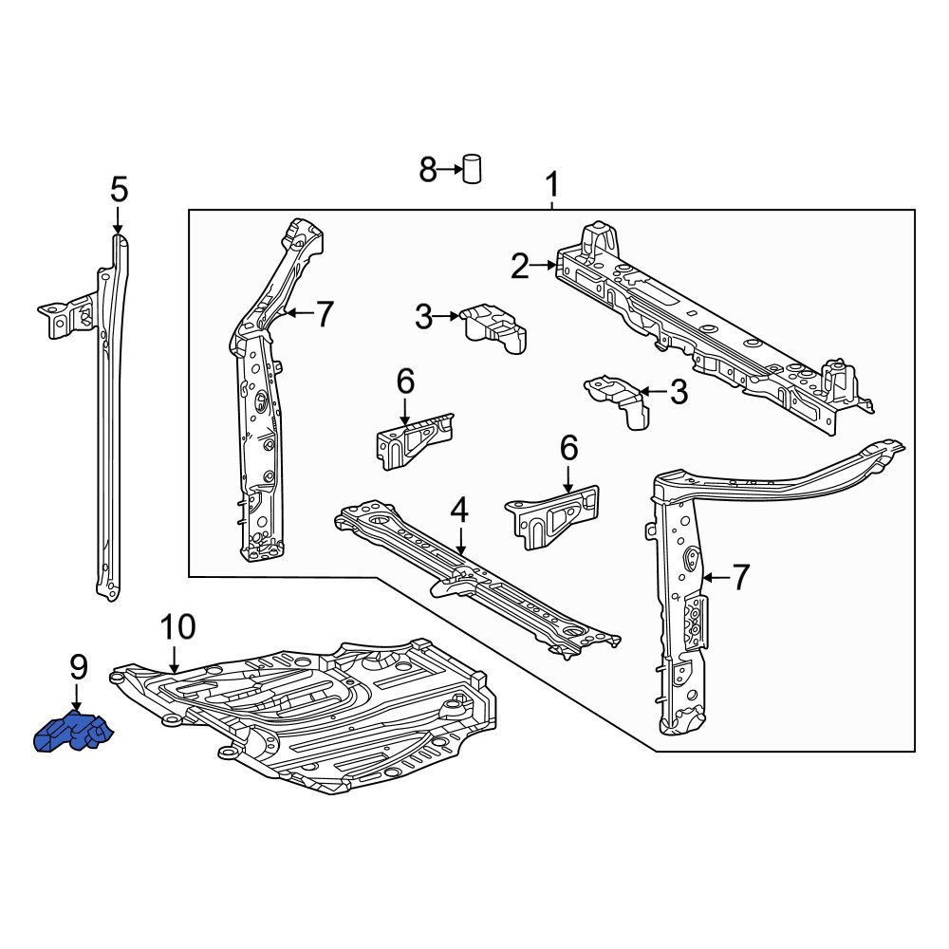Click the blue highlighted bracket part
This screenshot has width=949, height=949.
pyautogui.click(x=72, y=734)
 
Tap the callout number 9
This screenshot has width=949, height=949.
pyautogui.click(x=78, y=667)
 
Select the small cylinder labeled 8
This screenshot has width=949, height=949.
pyautogui.click(x=472, y=169)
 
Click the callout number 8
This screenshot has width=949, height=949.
pyautogui.click(x=428, y=171)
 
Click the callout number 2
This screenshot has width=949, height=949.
pyautogui.click(x=519, y=267)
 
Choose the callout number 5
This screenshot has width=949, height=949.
pyautogui.click(x=118, y=190)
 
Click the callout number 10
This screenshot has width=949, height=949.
pyautogui.click(x=177, y=627)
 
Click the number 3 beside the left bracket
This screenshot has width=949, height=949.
pyautogui.click(x=423, y=318)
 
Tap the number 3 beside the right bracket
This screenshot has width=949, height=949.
pyautogui.click(x=679, y=392)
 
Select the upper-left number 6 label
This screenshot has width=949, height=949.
pyautogui.click(x=405, y=381)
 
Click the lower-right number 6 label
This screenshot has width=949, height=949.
pyautogui.click(x=568, y=447)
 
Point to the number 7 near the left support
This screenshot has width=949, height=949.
pyautogui.click(x=325, y=314)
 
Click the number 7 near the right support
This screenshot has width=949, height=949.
pyautogui.click(x=739, y=576)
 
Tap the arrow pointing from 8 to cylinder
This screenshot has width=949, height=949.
pyautogui.click(x=450, y=171)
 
